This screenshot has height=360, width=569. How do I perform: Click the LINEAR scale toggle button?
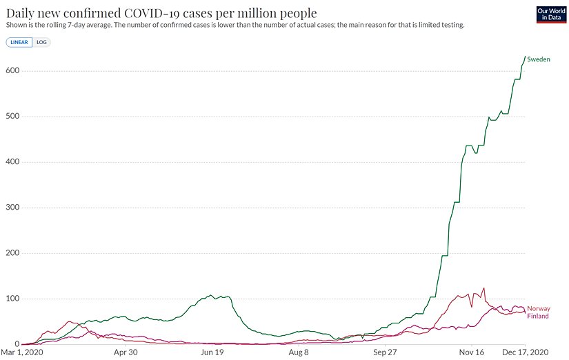[x=19, y=42]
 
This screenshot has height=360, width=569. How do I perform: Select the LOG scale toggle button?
[x=41, y=42]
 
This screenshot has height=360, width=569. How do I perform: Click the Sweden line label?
[x=539, y=60]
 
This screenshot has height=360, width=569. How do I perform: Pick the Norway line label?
[x=538, y=309]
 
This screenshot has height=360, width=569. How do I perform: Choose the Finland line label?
[x=538, y=317]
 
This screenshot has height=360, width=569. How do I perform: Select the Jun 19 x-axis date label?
[x=212, y=352]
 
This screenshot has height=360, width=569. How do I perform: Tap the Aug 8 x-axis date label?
[x=299, y=352]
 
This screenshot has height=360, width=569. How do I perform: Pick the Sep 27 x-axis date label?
[x=386, y=352]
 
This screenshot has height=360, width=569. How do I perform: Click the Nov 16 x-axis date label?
[x=472, y=352]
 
